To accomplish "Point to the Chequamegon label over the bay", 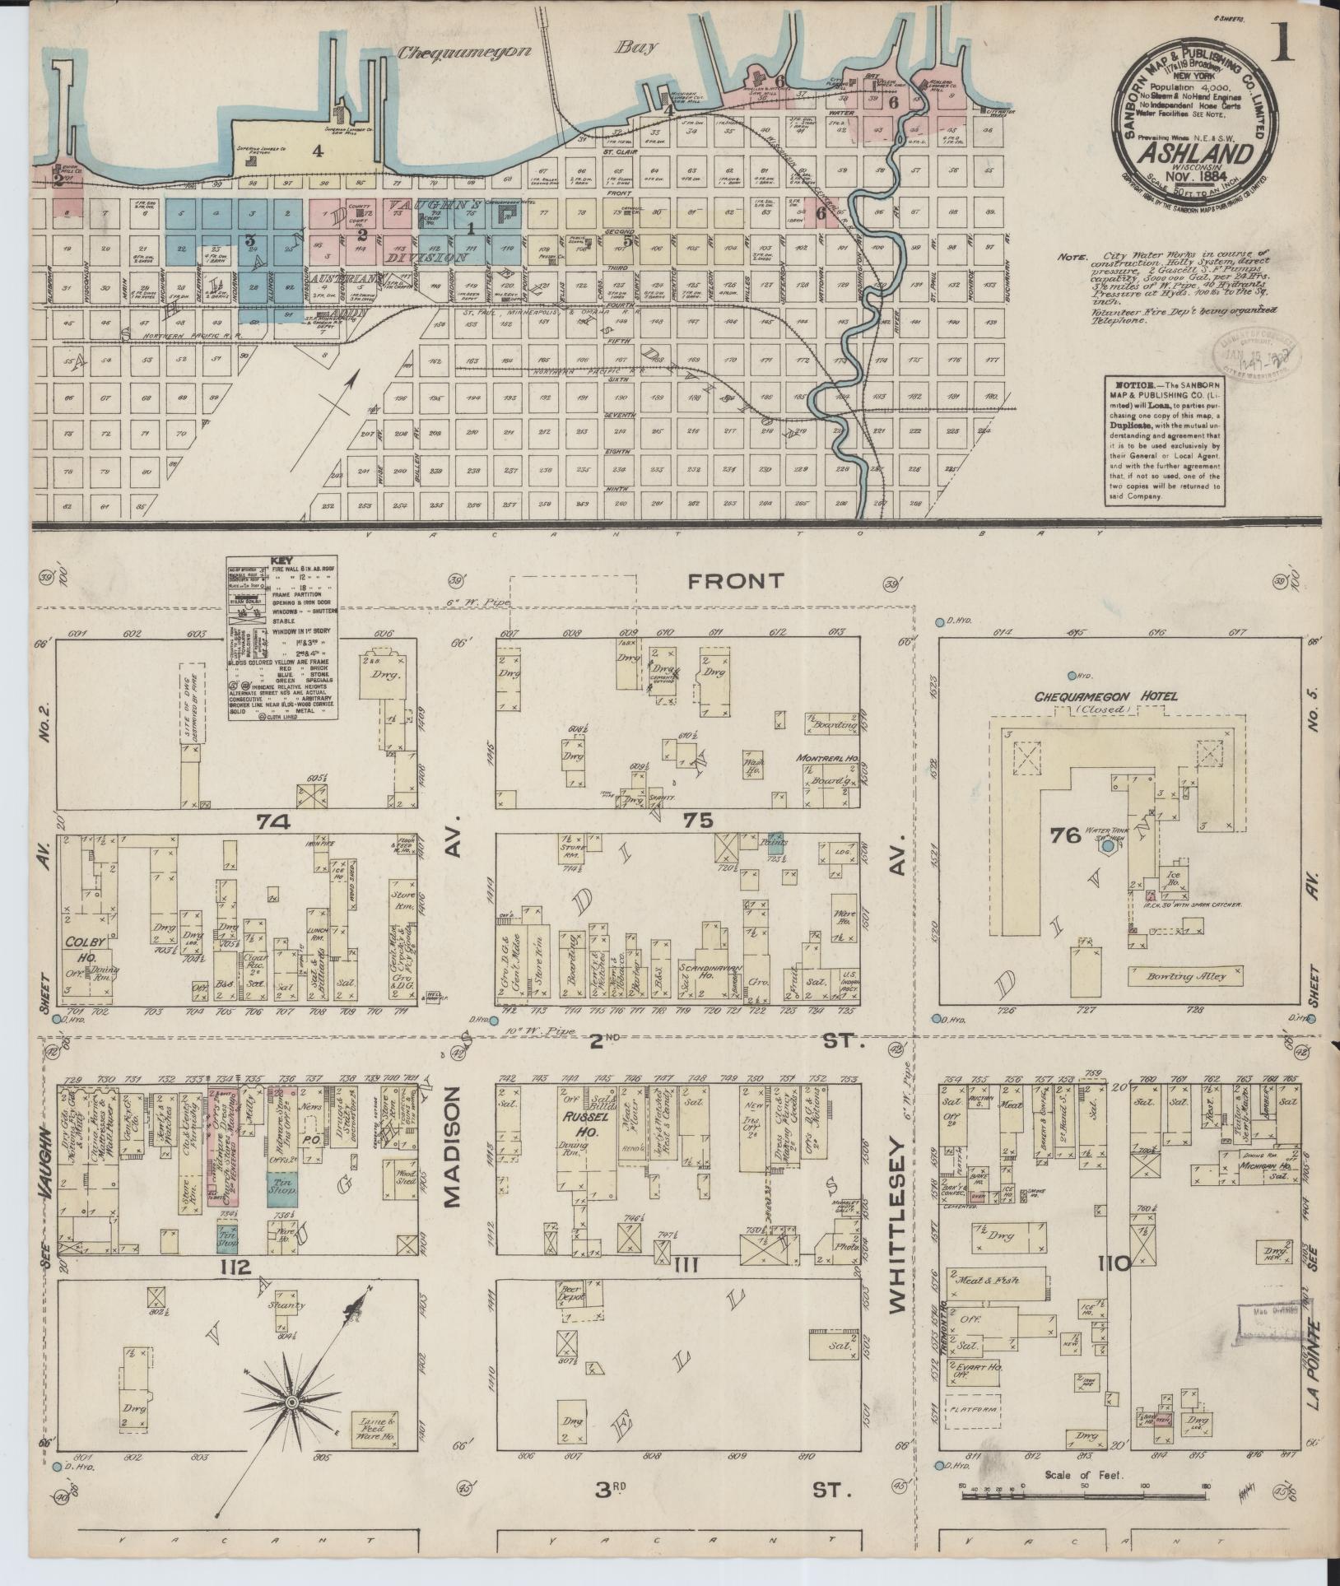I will click(x=455, y=53).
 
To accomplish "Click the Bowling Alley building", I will click(x=1185, y=977).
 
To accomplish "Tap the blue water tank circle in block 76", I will click(x=1108, y=845).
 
